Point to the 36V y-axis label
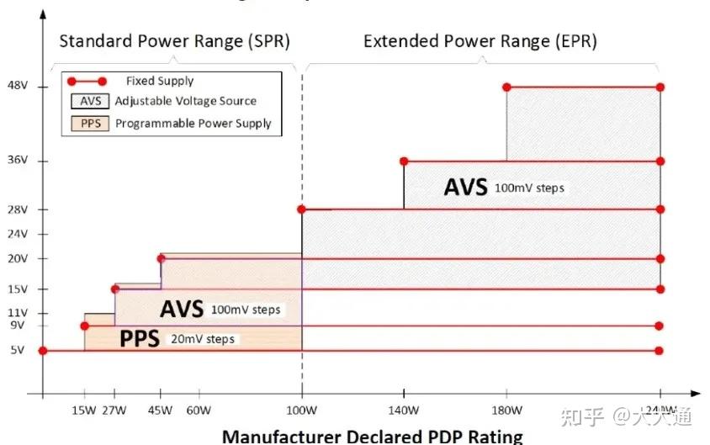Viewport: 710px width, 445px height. pos(17,161)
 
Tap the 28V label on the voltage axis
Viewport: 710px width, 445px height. pos(17,209)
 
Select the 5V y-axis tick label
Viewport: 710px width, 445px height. pos(17,351)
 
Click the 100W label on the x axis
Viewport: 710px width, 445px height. pos(301,411)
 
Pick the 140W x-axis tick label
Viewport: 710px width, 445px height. pos(404,411)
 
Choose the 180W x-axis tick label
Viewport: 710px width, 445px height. pos(506,411)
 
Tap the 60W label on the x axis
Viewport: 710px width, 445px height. pos(199,411)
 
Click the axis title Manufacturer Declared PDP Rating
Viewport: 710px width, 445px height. pos(372,436)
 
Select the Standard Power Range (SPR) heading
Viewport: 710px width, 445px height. pos(174,41)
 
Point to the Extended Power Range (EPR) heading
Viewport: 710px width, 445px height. pos(480,41)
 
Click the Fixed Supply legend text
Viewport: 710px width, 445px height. pos(160,82)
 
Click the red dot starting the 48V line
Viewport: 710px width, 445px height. pos(506,87)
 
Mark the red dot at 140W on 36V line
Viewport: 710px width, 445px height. pos(404,161)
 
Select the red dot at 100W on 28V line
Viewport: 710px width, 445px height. pos(301,209)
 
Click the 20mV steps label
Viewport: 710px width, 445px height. pos(203,339)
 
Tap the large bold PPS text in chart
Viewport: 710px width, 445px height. pos(140,339)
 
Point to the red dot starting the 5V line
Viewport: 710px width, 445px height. pos(43,351)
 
